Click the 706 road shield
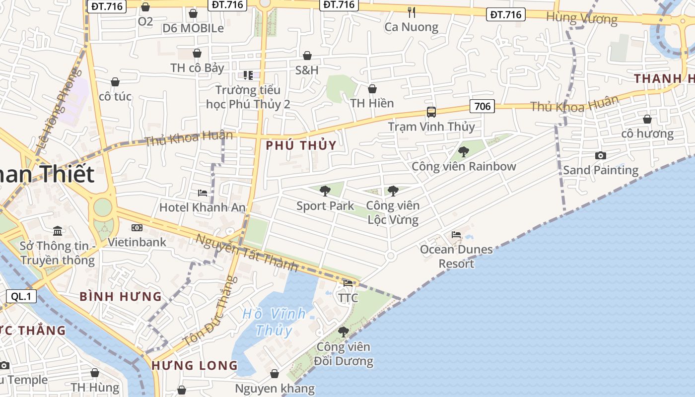point(482,106)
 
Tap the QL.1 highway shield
point(21,296)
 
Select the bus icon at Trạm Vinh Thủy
point(431,112)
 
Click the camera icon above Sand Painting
point(600,155)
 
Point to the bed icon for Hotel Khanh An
point(202,193)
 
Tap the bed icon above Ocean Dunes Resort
point(456,235)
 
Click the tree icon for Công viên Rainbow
point(463,151)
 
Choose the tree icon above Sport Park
point(325,191)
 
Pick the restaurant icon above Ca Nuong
point(411,12)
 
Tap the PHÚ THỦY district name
point(301,145)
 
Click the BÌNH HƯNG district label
point(121,297)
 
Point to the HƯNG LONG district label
point(195,366)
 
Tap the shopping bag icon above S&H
point(307,56)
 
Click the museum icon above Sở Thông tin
point(58,231)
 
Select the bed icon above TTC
point(348,283)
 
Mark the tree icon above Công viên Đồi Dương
point(343,331)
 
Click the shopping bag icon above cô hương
point(647,119)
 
